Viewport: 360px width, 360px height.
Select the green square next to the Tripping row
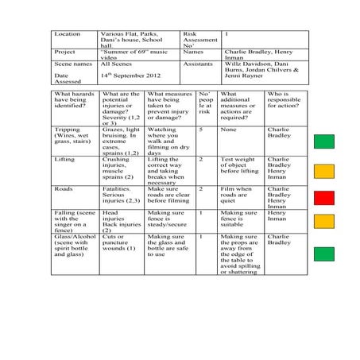pos(324,142)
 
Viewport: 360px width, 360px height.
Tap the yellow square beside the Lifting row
pos(324,171)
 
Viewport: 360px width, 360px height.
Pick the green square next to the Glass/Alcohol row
pos(324,254)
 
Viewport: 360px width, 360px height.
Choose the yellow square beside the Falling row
pos(324,221)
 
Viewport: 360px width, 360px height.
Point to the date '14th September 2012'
pos(130,75)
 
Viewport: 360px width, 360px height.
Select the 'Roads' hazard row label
pos(63,189)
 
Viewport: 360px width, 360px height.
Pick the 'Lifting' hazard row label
pos(64,160)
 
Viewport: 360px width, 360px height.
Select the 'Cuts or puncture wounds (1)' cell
pos(120,242)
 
